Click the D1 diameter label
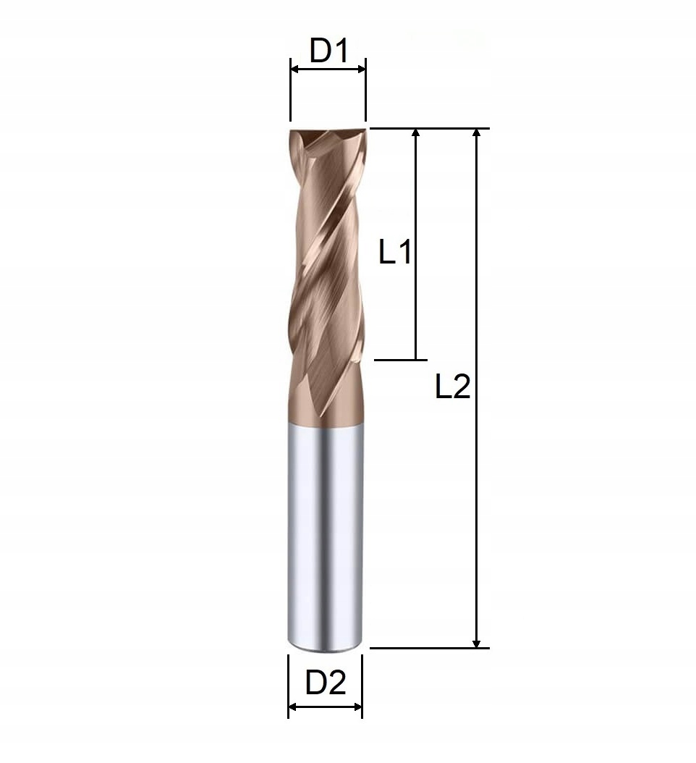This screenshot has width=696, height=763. point(328,51)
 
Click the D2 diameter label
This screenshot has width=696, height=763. point(325,683)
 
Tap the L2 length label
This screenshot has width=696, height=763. point(453,388)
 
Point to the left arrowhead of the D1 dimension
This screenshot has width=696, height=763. point(294,69)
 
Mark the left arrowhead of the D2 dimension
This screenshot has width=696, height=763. point(292,707)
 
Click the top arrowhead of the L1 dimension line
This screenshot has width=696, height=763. point(415,133)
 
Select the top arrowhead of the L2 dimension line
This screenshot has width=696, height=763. point(476,133)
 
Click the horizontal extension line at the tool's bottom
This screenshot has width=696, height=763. point(430,648)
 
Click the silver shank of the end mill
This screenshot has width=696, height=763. point(324,536)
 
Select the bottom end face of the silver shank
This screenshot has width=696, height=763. point(324,646)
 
